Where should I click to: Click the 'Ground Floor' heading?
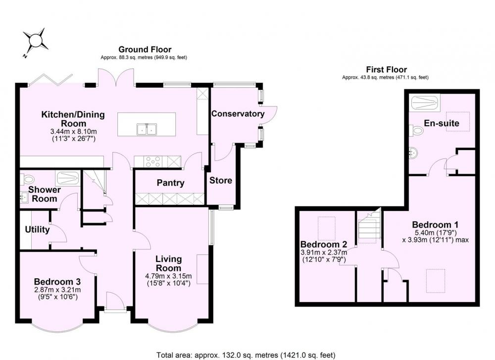145,50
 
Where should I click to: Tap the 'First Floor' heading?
387,69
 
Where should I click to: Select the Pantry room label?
170,183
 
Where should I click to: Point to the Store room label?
221,181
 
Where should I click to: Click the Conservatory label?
238,114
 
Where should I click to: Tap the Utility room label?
37,230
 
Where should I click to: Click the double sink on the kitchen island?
147,129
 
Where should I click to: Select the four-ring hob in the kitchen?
153,161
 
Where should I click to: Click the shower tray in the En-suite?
425,103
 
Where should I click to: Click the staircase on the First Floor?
369,226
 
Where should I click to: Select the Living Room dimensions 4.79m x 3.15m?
168,276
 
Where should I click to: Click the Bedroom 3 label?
57,281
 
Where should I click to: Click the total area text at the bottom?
246,355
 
